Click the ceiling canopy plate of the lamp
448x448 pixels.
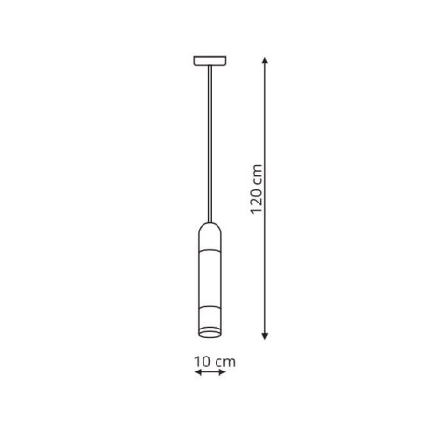[x=208, y=62]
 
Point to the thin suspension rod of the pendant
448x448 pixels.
[x=208, y=140]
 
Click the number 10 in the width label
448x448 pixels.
[x=200, y=360]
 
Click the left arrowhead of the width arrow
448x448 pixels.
[x=196, y=373]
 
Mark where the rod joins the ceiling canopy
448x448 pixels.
[x=208, y=67]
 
